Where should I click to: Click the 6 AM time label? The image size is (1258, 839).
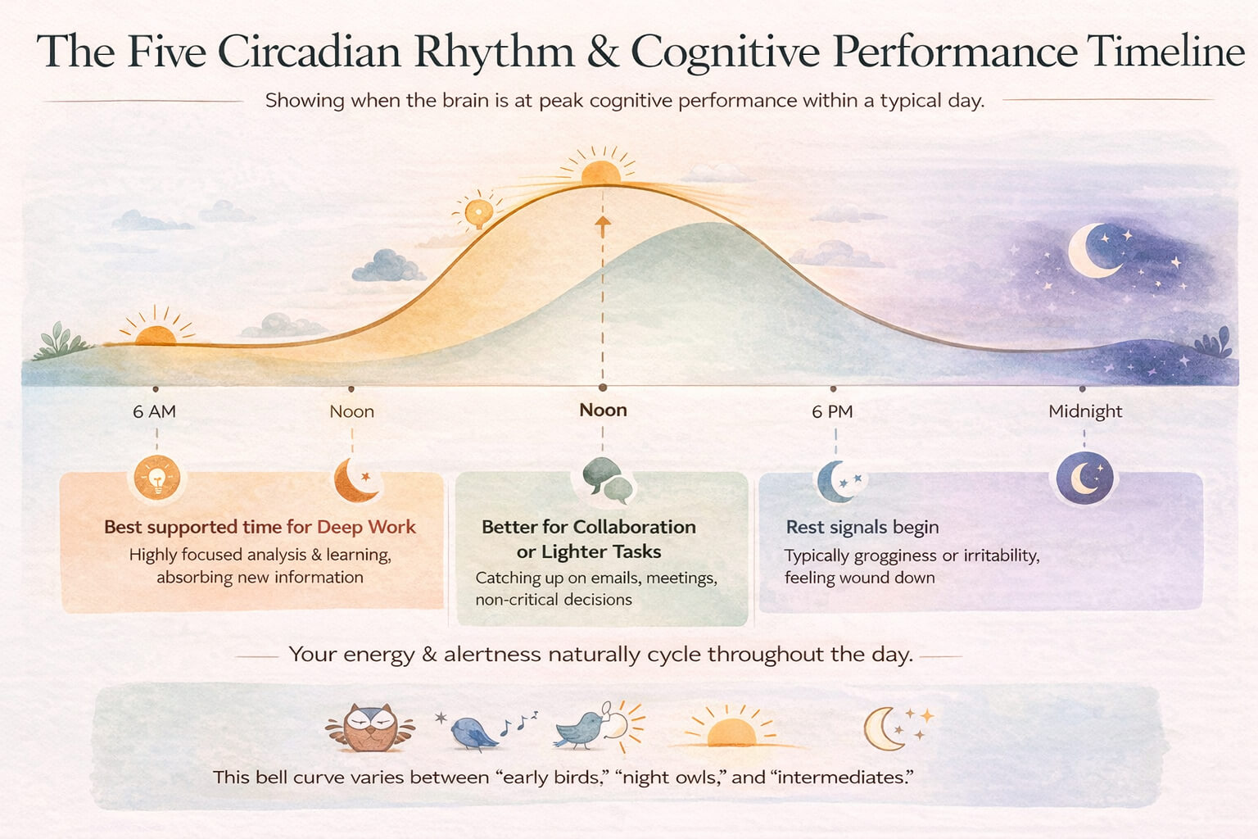[x=154, y=411]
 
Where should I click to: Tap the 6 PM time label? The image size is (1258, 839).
[x=832, y=411]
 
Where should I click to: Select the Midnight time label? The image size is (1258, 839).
[x=1085, y=411]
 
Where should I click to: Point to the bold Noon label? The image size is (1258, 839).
[x=603, y=410]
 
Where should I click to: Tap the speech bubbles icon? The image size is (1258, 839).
[x=607, y=479]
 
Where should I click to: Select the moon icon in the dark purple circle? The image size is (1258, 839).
[x=1084, y=478]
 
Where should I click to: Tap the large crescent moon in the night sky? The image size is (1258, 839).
[x=1093, y=250]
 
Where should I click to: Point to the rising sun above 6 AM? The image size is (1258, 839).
[x=155, y=333]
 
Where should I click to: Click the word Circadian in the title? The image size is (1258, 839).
[x=309, y=52]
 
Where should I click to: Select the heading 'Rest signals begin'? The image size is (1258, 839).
[x=862, y=527]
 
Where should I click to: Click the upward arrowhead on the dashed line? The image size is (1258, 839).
[x=603, y=222]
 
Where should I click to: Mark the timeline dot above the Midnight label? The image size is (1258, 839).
[x=1082, y=389]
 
